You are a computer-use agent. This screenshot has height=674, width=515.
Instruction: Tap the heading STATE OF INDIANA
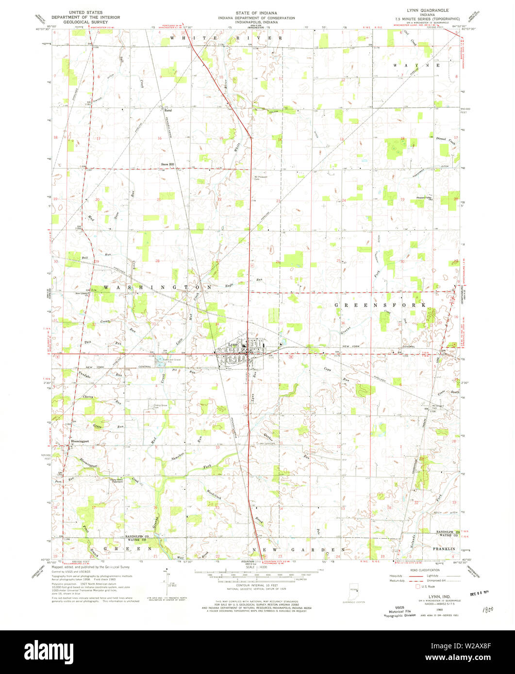click(256, 10)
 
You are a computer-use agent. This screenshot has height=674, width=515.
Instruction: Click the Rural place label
click(168, 110)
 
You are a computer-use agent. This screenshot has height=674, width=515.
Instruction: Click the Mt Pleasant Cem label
click(261, 177)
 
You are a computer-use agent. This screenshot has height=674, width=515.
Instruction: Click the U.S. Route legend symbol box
click(415, 586)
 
